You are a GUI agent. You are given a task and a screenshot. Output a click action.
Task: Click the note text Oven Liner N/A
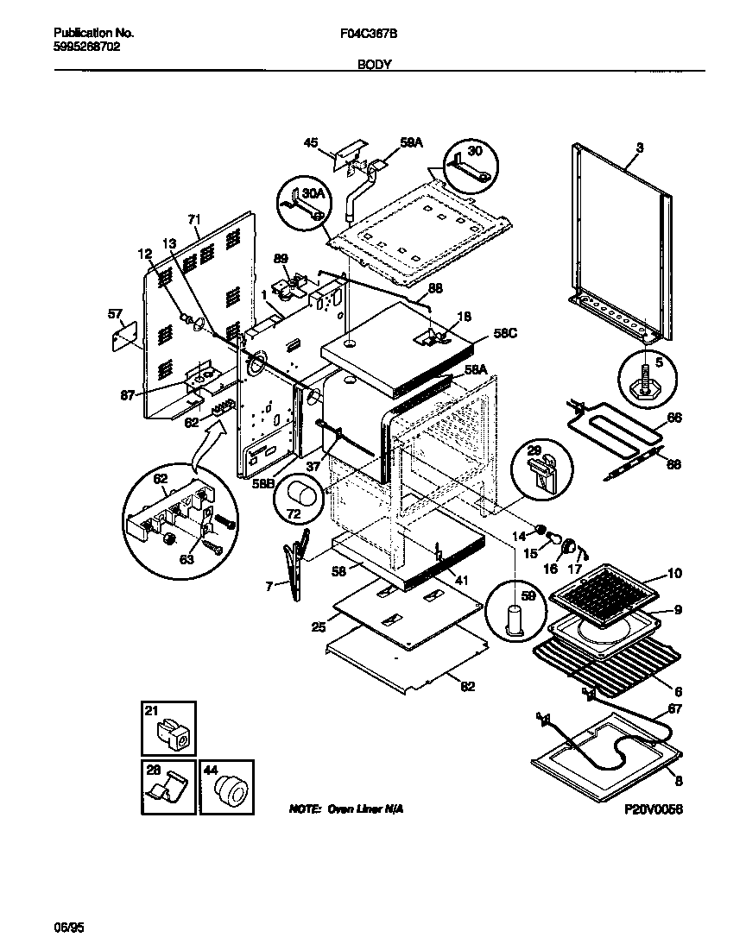[x=345, y=809]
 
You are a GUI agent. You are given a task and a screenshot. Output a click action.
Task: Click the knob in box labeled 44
[x=230, y=790]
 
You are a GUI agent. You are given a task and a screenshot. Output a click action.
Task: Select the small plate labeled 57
[x=126, y=336]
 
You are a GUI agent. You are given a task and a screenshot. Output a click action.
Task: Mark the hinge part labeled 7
[x=294, y=569]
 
